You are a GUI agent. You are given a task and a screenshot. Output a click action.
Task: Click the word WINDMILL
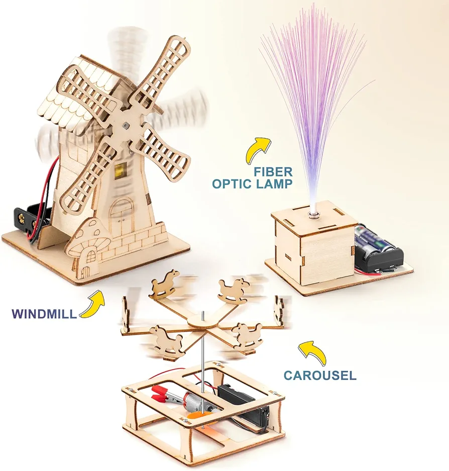[44, 314]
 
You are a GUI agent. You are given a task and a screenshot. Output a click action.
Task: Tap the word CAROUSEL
[320, 375]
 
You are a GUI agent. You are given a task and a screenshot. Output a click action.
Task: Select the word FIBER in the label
[273, 172]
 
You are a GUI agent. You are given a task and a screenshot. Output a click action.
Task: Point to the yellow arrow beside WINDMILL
[92, 304]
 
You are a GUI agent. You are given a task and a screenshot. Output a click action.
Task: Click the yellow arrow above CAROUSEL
[313, 352]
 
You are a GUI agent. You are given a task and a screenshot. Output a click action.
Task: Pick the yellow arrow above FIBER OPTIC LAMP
[258, 150]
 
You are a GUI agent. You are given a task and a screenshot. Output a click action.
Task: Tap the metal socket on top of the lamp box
[313, 214]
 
